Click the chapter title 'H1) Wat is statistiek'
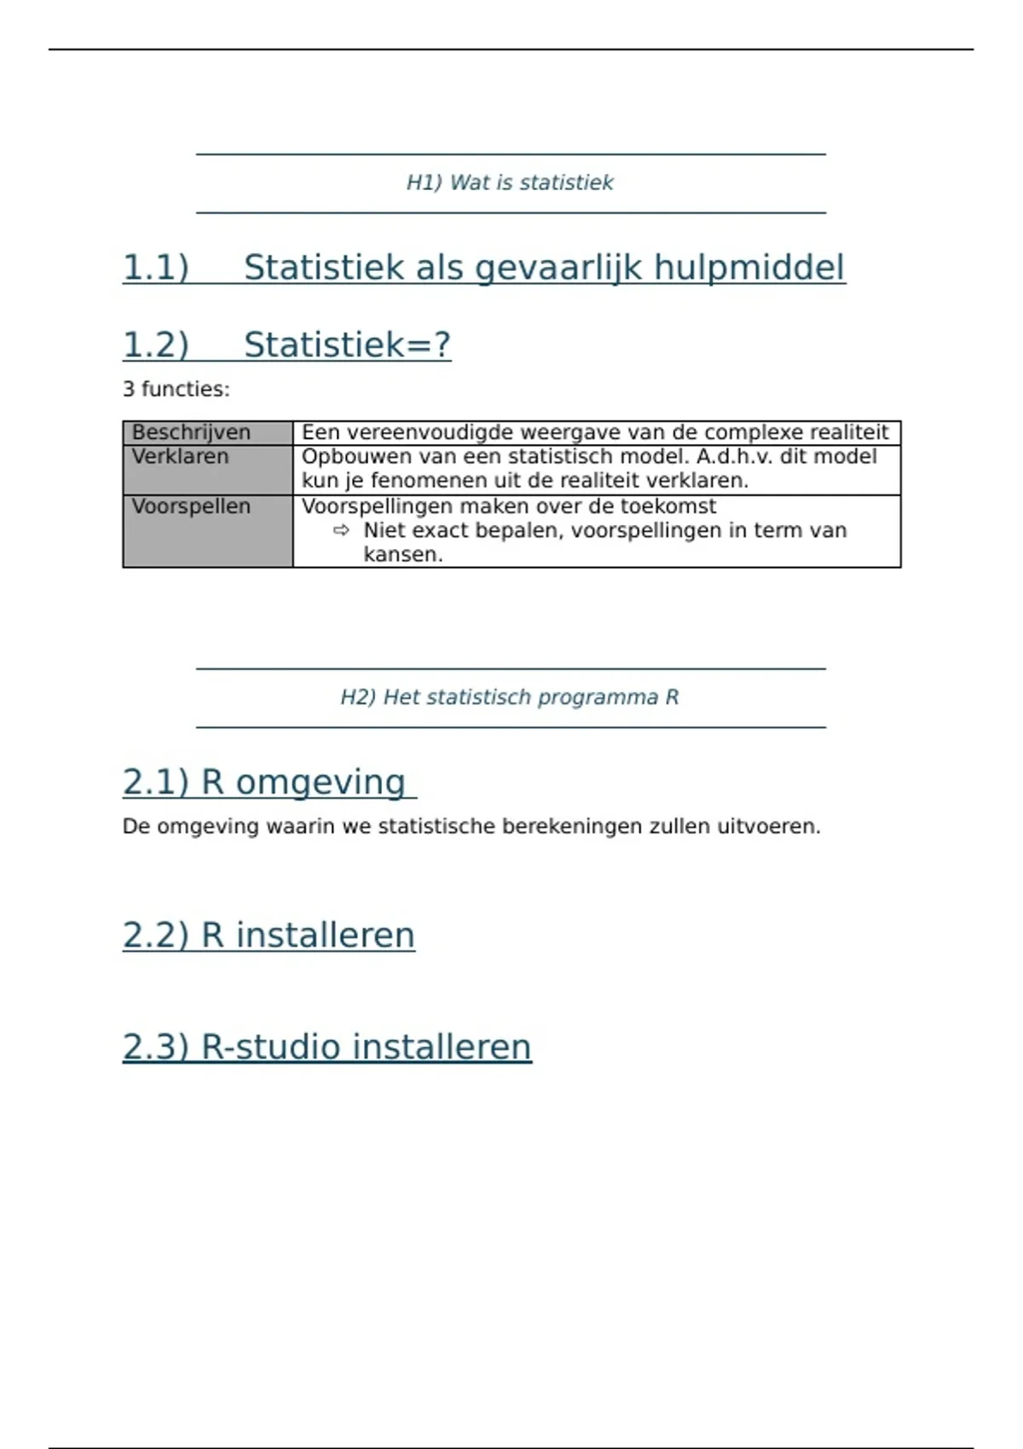510,182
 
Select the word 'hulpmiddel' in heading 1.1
749,268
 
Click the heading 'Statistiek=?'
347,345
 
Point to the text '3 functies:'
176,390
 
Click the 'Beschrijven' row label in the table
191,432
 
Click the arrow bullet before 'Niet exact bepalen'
341,530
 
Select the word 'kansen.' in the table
402,554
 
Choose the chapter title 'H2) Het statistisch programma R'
510,697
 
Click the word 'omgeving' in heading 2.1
321,782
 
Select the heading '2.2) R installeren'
269,935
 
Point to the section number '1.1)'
155,268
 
